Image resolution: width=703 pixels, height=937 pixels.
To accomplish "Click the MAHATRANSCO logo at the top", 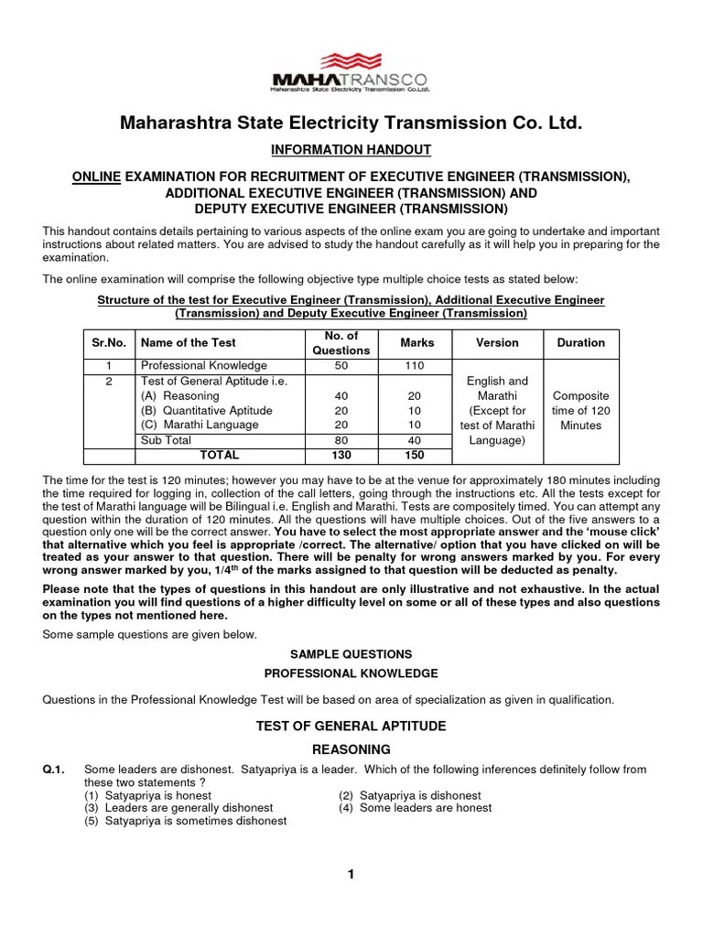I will coord(351,75).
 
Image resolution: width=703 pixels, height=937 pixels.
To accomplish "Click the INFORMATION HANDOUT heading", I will coord(351,149).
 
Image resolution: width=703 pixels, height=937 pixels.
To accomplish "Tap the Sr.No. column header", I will coord(108,342).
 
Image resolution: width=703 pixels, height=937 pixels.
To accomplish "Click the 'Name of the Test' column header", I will coord(188,342).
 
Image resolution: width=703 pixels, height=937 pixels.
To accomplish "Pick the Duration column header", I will coord(581,342).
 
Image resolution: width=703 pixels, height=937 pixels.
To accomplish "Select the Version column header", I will coord(497,342).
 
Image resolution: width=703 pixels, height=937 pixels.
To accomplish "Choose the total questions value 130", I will coord(341,455).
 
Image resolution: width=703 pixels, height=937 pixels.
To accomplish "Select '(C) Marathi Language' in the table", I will coord(200,425).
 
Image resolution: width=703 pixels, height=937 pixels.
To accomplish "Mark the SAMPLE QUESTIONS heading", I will coord(351,654).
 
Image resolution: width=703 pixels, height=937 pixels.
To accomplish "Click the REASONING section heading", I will coord(351,749).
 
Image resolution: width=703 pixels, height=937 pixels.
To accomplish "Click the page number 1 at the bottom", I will coord(351,875).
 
